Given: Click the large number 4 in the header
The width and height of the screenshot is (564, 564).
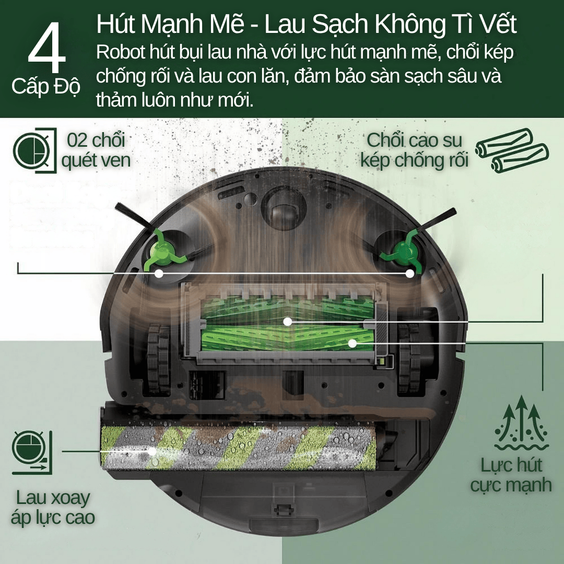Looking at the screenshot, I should pyautogui.click(x=46, y=50).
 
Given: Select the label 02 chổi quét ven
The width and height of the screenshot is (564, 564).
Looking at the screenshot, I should pyautogui.click(x=96, y=150).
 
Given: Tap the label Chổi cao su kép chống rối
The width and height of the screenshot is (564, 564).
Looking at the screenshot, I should pyautogui.click(x=414, y=150).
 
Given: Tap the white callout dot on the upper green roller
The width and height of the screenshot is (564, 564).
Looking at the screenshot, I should pyautogui.click(x=287, y=322).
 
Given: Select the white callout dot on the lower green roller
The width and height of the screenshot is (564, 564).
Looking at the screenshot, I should pyautogui.click(x=352, y=343).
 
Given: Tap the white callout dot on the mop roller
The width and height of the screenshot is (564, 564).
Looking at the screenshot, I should pyautogui.click(x=152, y=451).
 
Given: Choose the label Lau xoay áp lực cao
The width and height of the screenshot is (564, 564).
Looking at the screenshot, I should pyautogui.click(x=53, y=508).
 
